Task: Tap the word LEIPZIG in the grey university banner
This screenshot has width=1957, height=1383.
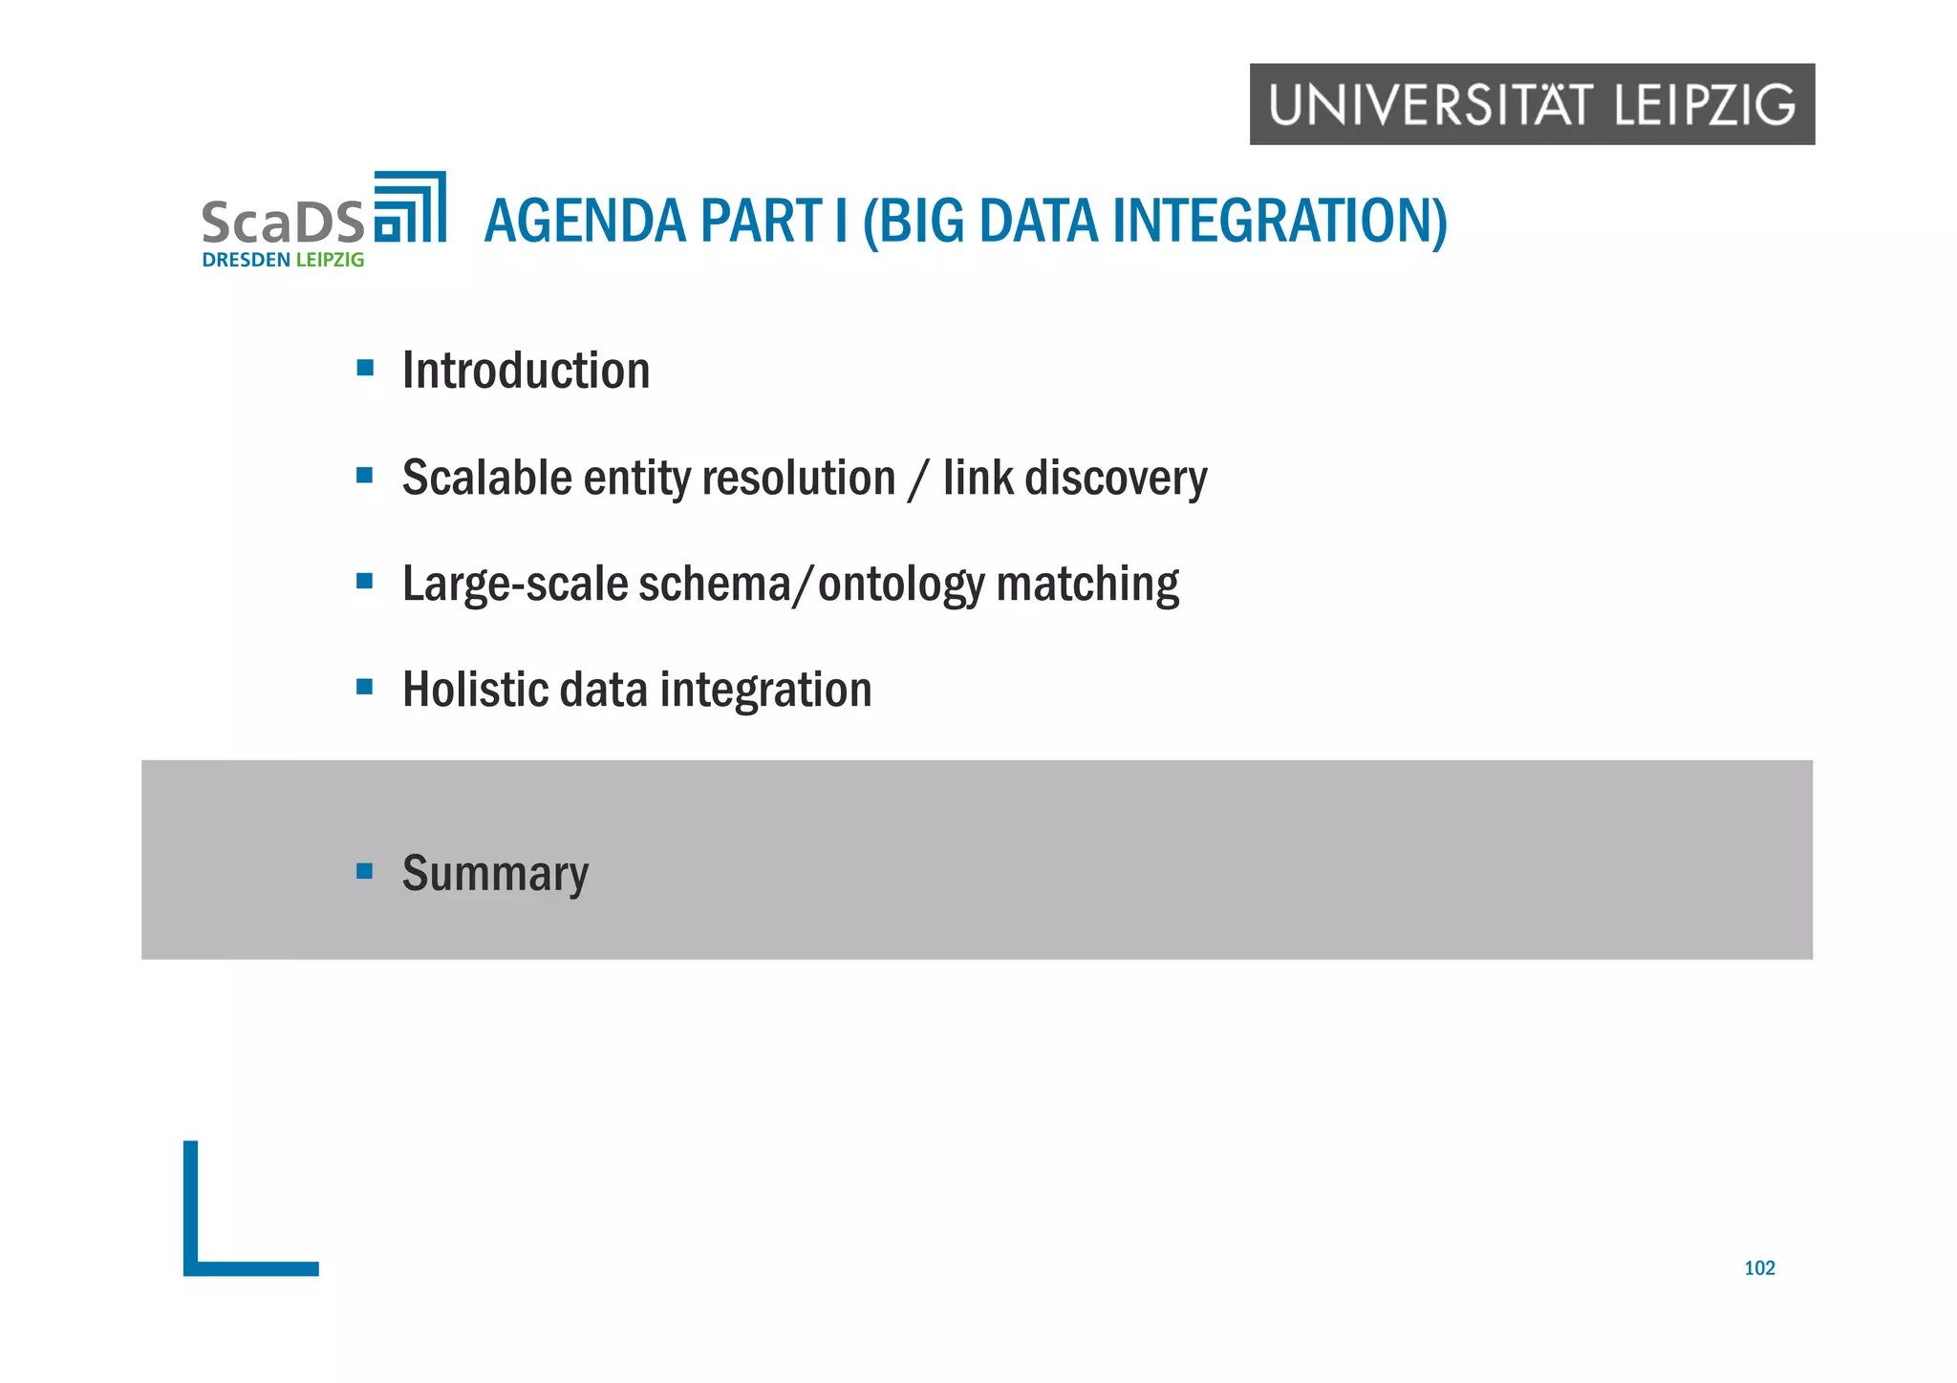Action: coord(1705,105)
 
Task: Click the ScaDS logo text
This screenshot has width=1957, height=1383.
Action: coord(283,223)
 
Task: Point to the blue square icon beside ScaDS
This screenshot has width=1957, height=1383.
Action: coord(410,207)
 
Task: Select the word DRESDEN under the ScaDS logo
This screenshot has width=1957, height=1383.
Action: coord(246,260)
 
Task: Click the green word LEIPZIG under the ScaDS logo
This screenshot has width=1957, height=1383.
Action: coord(330,260)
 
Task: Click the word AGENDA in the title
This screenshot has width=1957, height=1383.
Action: coord(585,222)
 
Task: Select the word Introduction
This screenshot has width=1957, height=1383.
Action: coord(526,371)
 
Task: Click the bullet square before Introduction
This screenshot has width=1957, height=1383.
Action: coord(364,368)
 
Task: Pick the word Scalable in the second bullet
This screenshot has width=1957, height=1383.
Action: coord(486,478)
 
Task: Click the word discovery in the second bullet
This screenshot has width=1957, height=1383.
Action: coord(1115,478)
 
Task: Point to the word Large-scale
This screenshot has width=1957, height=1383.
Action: coord(514,584)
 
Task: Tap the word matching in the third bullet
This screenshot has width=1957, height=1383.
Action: coord(1087,584)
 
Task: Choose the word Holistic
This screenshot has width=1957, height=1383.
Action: coord(475,690)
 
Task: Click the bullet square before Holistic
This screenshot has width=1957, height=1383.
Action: coord(364,687)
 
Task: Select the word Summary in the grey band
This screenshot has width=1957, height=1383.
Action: coord(495,873)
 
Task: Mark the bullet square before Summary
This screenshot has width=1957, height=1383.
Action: coord(364,870)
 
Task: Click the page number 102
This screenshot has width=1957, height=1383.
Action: coord(1758,1268)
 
